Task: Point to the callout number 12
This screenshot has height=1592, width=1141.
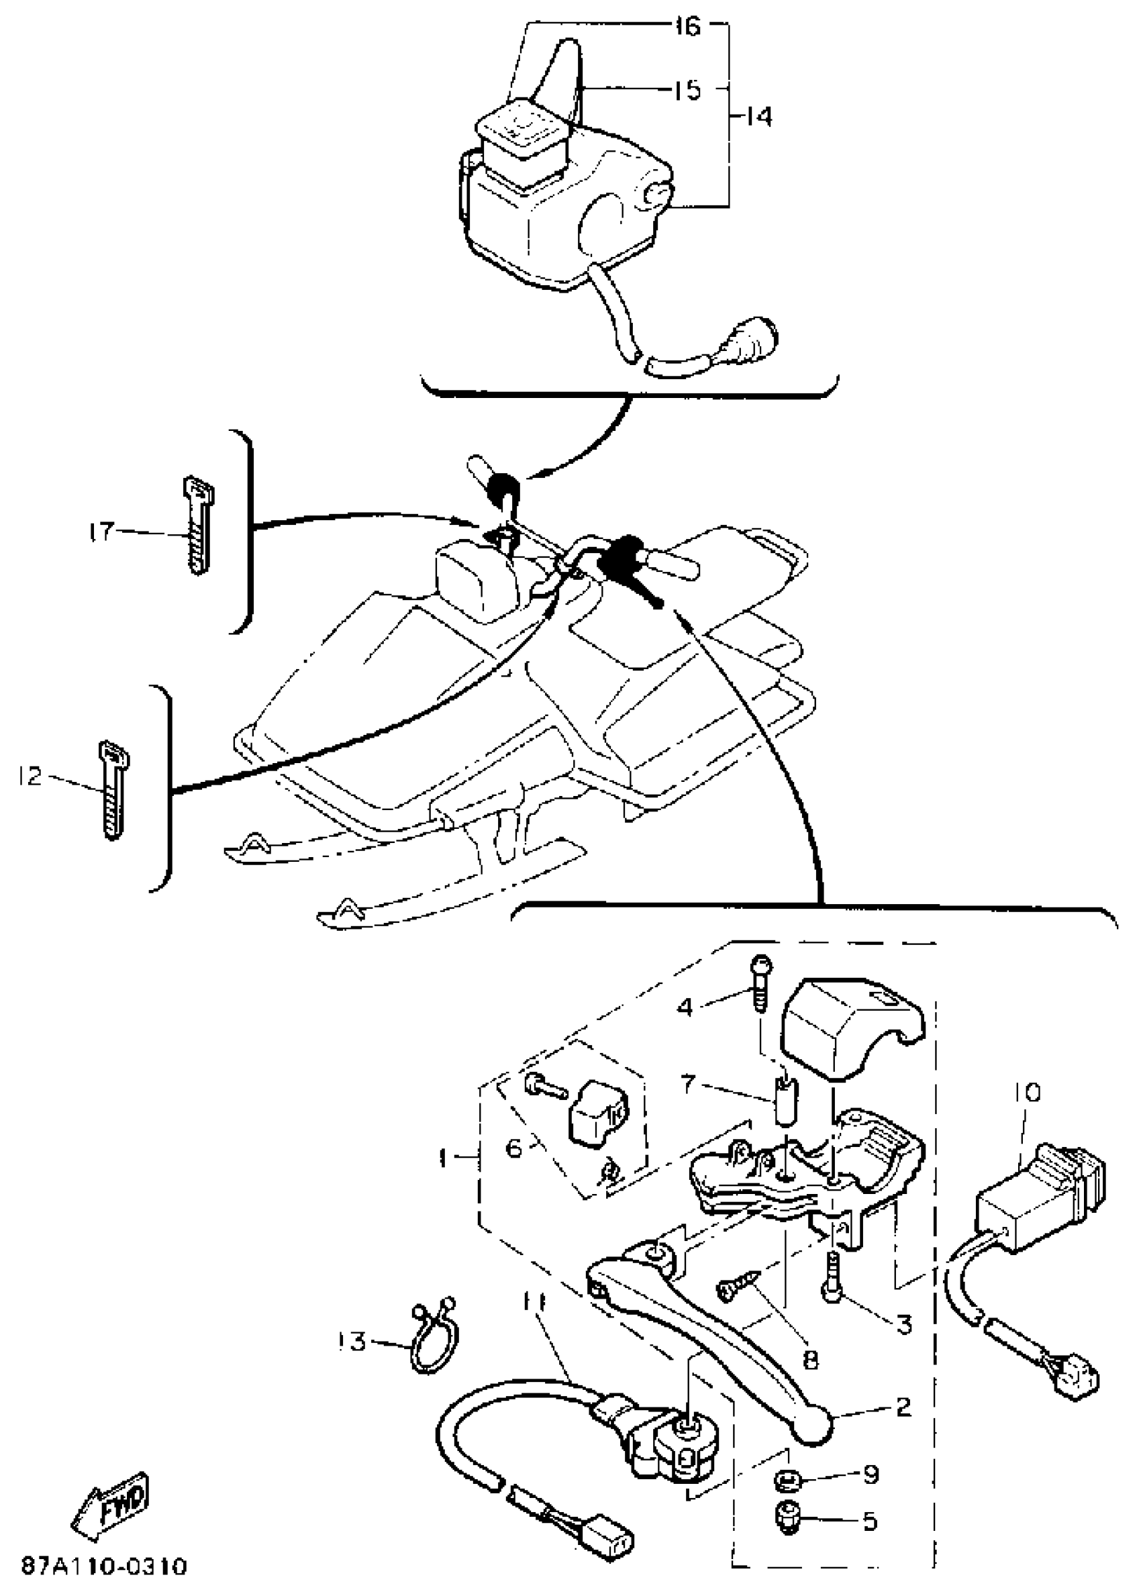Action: (x=30, y=777)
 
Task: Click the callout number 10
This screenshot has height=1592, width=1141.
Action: (x=1026, y=1092)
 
